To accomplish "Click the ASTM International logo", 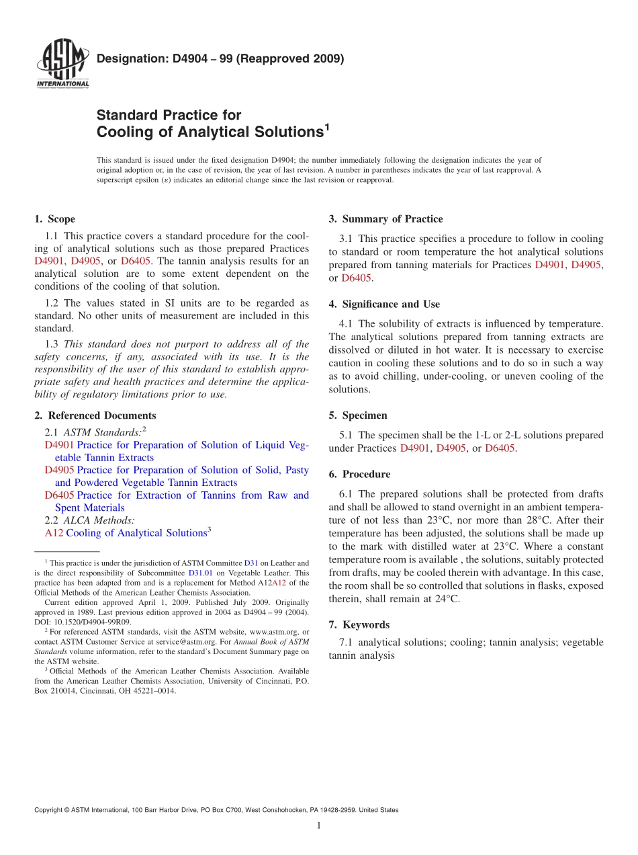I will click(62, 64).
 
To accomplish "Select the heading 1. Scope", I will click(54, 219).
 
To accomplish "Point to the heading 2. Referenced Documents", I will click(95, 415).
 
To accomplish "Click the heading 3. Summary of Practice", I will click(385, 219).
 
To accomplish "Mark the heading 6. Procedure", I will click(359, 474).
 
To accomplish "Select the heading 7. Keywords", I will click(359, 624).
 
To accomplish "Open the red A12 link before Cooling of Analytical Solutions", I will click(54, 533).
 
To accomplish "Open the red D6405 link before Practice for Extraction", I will click(59, 495).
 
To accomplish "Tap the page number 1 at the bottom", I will click(319, 825).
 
